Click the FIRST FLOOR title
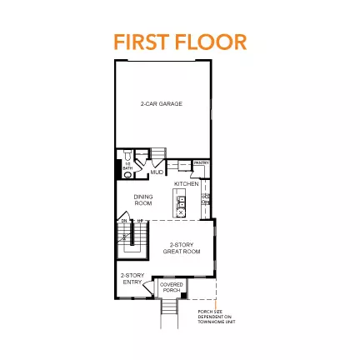click(180, 42)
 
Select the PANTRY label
click(201, 163)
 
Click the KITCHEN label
click(186, 183)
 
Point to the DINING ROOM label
click(143, 200)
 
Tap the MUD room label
click(157, 172)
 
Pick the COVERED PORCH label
click(171, 287)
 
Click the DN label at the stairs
click(123, 221)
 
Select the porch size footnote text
click(209, 316)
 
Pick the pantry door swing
click(200, 172)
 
